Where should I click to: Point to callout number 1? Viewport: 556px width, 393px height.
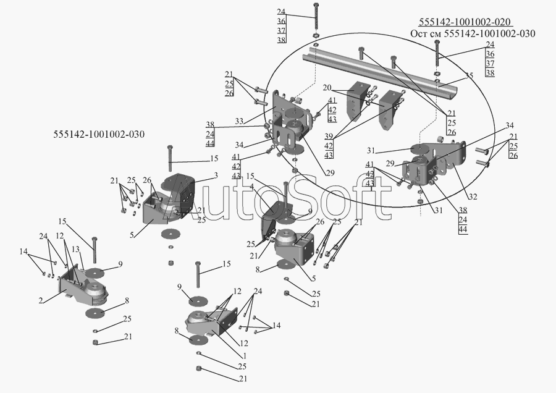point(244,356)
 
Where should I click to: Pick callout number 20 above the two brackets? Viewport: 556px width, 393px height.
point(327,87)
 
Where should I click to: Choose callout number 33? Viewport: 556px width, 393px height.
point(239,120)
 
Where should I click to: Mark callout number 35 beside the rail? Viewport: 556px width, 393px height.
point(470,75)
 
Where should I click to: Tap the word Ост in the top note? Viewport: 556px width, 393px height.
point(419,33)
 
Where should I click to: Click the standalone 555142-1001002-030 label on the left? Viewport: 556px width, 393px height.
point(98,134)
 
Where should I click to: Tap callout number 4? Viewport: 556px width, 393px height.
point(252,187)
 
